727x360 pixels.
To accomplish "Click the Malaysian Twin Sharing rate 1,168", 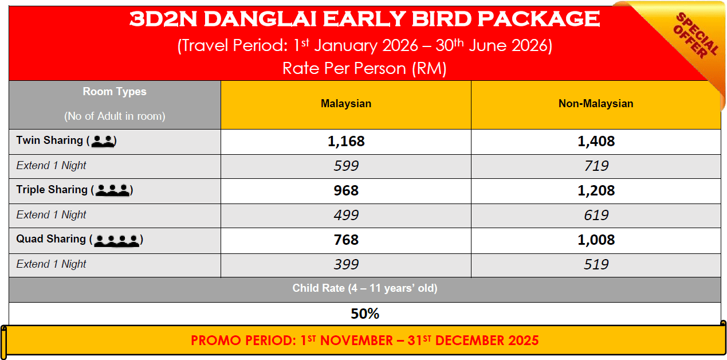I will [x=346, y=142].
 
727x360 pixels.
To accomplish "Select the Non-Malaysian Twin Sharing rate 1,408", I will [x=596, y=142].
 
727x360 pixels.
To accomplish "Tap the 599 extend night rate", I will [x=346, y=166].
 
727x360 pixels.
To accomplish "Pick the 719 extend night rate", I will [x=596, y=166].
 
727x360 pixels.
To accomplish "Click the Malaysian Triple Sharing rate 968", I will [x=346, y=190].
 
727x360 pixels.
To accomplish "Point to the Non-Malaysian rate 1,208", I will [x=596, y=190].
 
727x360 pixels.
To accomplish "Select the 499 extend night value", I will [x=346, y=216].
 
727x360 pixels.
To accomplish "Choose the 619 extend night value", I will [x=596, y=216].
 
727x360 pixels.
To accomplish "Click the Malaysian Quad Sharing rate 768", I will [x=346, y=240].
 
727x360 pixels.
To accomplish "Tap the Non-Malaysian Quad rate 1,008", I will [x=596, y=240].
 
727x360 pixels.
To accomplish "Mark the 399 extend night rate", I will [x=346, y=265].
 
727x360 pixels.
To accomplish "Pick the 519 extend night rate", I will [x=596, y=265].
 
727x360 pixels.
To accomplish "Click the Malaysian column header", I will [x=346, y=104].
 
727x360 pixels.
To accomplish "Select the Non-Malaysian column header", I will [x=596, y=104].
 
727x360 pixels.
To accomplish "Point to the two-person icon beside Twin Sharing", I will [x=103, y=141].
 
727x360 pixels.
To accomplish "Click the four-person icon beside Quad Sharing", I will [x=116, y=240].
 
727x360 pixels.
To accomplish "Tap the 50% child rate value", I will [x=365, y=314].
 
